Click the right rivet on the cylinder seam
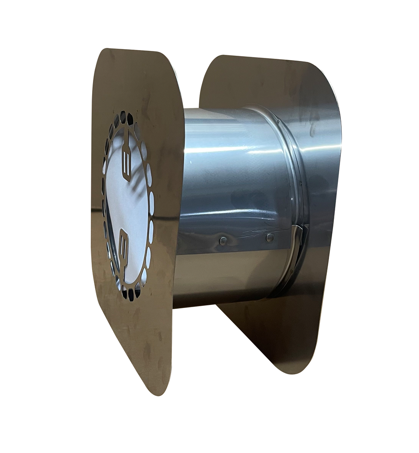pyautogui.click(x=270, y=237)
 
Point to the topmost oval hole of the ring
pyautogui.click(x=123, y=116)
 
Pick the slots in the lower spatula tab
pyautogui.click(x=124, y=242)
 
